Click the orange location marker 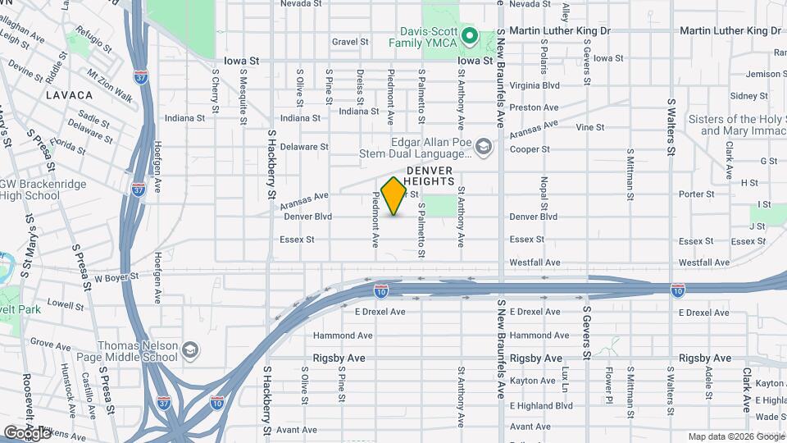[394, 196]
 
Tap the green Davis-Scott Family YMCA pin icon [470, 35]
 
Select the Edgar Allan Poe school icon [484, 147]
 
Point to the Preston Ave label [534, 107]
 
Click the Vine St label [589, 128]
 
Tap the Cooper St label [528, 149]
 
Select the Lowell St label [66, 303]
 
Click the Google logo [27, 432]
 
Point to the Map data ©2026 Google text [735, 436]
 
